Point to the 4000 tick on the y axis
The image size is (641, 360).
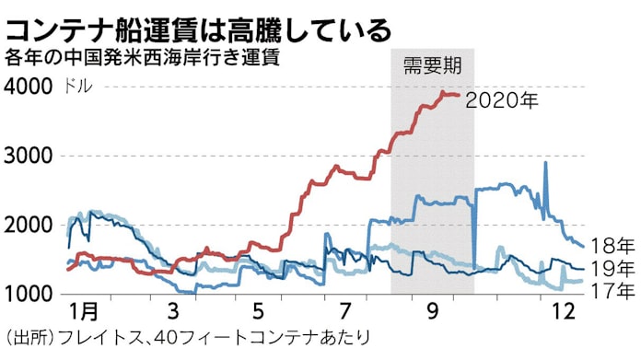29,87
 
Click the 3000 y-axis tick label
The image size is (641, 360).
29,156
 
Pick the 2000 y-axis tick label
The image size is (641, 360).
29,226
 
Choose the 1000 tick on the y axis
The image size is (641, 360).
29,295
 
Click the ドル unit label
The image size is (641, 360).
76,87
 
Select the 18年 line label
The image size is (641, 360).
612,247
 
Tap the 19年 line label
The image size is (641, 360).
612,269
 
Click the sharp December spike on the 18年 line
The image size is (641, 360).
545,164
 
